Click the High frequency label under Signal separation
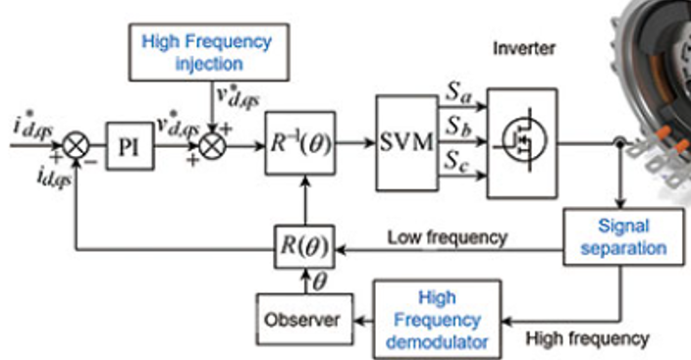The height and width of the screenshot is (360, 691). (587, 338)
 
